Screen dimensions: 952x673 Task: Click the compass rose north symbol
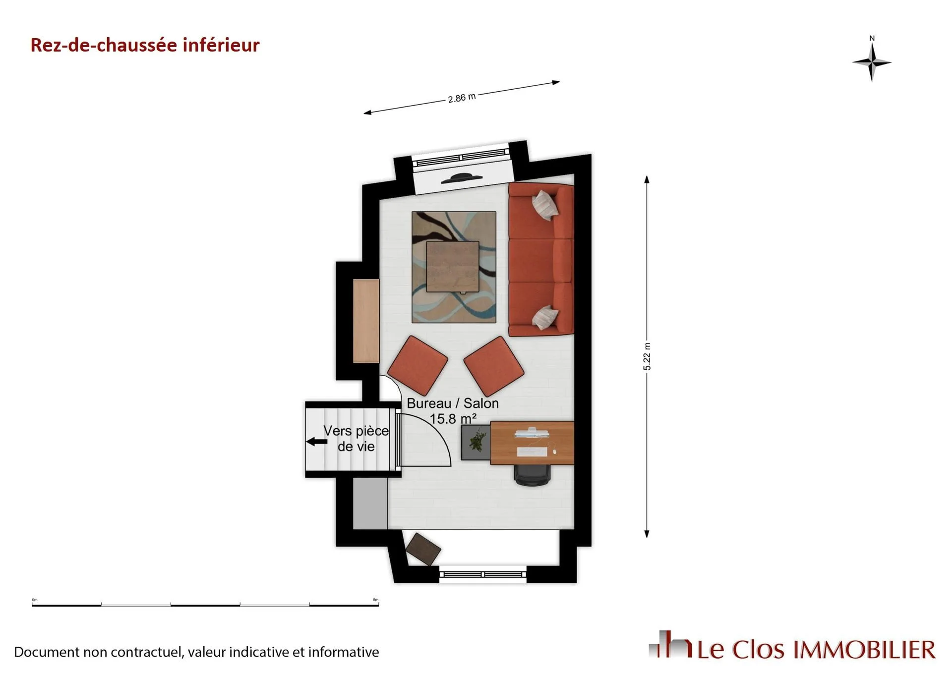pos(872,62)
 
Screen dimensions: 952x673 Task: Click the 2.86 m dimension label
pos(462,98)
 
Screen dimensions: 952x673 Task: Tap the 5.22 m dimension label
pos(647,356)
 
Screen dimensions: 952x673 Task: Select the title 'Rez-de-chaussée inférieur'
pos(145,45)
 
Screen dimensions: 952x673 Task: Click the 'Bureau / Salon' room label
pos(453,403)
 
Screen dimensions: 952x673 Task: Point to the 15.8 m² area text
pos(453,419)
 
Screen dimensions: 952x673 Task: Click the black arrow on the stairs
pos(316,441)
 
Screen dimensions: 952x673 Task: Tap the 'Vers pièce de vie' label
pos(356,439)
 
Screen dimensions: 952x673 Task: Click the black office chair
pos(532,475)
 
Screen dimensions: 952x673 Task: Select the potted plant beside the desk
pos(477,440)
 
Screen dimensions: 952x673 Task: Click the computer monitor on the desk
pos(532,433)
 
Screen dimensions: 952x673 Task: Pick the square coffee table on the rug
pos(453,267)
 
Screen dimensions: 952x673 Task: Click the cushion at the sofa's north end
pos(545,205)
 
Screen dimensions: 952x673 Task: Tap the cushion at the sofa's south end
pos(545,317)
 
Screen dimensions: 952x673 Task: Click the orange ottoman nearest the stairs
pos(417,366)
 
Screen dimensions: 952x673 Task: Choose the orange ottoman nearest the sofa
pos(494,366)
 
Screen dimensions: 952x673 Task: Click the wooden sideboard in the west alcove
pos(366,321)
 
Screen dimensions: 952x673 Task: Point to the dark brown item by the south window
pos(423,549)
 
